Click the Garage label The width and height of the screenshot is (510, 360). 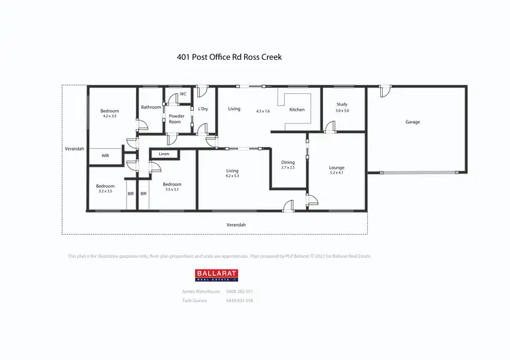(x=413, y=122)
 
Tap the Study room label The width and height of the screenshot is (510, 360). (x=341, y=104)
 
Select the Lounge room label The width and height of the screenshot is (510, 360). (x=337, y=167)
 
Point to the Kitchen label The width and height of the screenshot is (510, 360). (x=297, y=110)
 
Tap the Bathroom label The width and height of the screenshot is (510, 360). (x=151, y=107)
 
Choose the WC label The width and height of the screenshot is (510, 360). (x=184, y=94)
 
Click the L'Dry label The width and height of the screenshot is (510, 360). (x=203, y=109)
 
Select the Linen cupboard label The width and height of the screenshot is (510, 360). (x=164, y=154)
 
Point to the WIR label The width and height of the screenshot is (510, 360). (x=105, y=156)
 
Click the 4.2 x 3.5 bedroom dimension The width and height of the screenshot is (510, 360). (x=109, y=116)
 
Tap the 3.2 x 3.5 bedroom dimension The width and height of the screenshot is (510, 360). (x=105, y=191)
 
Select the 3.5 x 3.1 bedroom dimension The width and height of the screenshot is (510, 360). (x=171, y=189)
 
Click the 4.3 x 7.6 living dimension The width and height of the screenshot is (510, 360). (x=263, y=111)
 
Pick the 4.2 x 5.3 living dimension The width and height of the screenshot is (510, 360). (x=233, y=176)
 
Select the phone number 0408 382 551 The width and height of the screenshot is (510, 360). (x=240, y=291)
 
